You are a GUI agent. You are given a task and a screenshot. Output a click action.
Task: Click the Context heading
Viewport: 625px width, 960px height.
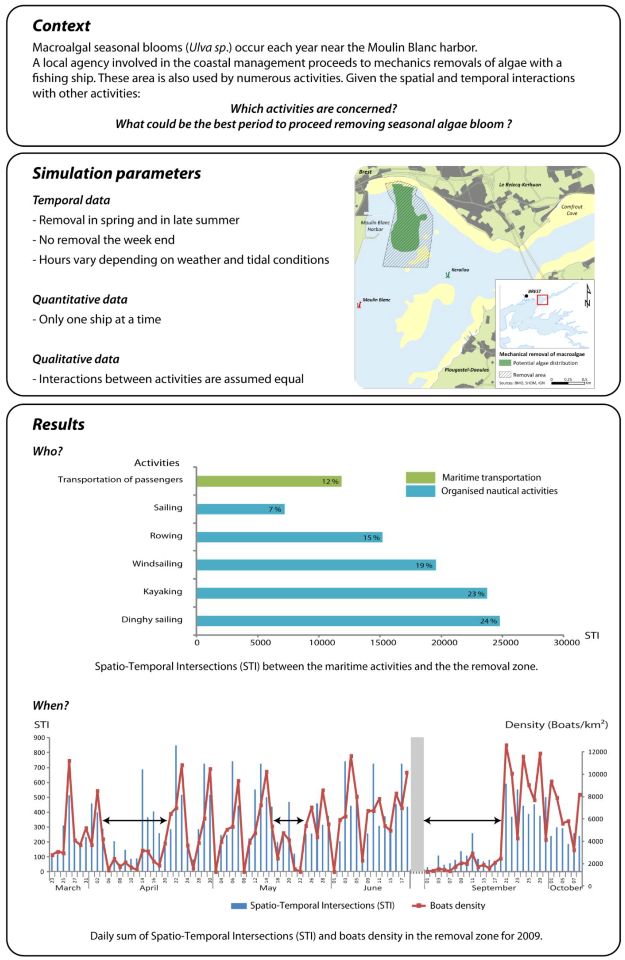61,26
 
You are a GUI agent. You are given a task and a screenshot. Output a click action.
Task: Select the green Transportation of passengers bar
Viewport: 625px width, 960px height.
269,481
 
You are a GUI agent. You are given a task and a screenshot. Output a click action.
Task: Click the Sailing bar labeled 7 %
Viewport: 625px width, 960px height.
241,509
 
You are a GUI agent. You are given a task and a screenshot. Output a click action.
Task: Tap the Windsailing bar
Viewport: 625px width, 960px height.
316,565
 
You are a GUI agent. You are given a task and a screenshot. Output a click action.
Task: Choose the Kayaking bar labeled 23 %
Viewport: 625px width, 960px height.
342,593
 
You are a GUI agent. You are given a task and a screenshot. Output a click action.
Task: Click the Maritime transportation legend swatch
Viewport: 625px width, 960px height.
420,478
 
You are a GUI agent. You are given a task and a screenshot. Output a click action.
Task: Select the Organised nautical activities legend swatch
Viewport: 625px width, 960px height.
420,491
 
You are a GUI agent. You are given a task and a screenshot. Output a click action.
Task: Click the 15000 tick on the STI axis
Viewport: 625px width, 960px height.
383,643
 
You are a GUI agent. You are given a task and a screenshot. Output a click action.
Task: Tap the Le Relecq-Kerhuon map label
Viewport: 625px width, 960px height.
520,185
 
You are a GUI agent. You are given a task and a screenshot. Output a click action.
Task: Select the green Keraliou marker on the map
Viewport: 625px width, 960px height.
447,275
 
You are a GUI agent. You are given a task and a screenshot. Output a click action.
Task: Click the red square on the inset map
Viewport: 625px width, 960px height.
543,300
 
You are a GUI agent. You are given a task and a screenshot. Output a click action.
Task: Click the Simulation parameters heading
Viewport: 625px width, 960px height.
117,173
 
